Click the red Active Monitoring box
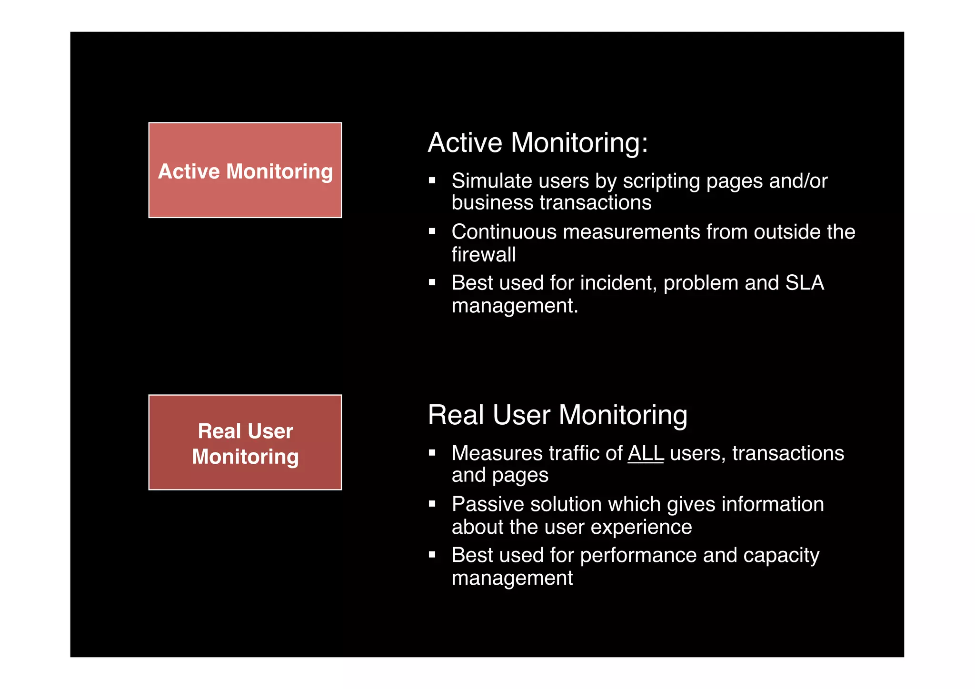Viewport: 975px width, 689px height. click(245, 170)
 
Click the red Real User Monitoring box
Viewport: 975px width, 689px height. click(245, 442)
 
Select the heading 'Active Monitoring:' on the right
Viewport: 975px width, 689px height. click(538, 142)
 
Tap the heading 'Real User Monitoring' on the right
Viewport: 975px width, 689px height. click(557, 415)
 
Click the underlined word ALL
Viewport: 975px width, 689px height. click(646, 453)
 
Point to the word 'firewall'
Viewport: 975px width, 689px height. click(484, 255)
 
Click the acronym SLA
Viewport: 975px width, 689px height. click(805, 283)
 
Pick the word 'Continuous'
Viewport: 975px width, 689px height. click(504, 232)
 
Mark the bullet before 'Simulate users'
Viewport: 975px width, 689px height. click(432, 180)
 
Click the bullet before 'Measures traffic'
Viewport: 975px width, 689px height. click(432, 453)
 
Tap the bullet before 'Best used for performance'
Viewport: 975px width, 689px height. click(432, 555)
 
